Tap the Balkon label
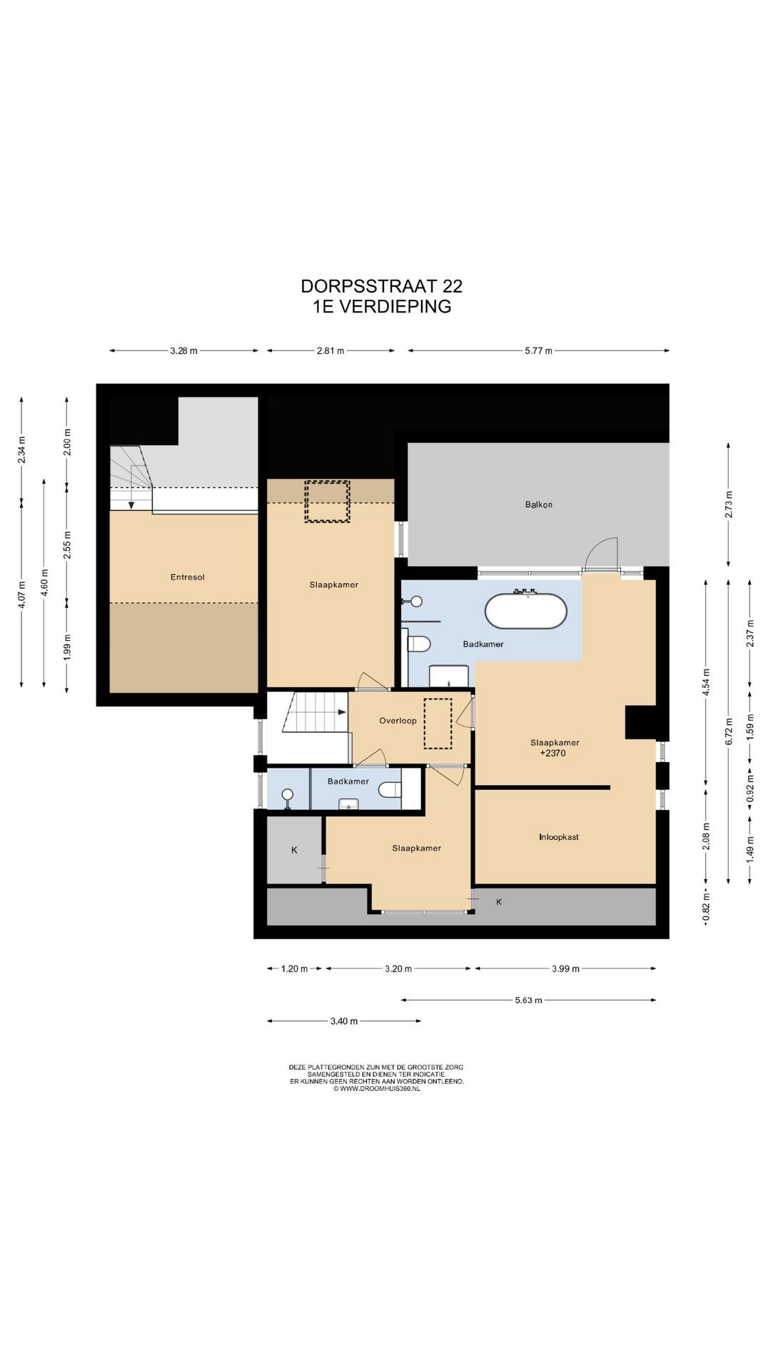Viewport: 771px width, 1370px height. (x=538, y=504)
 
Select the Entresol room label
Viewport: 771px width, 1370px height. (x=187, y=577)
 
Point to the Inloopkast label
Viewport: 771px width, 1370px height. (x=558, y=837)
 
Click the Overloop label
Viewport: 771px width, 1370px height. (x=398, y=721)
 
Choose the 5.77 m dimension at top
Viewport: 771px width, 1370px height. (x=538, y=351)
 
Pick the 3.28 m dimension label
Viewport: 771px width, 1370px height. (x=183, y=351)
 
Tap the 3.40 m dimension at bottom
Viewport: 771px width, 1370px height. (x=343, y=1021)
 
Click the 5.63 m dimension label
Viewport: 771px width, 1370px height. (x=528, y=1000)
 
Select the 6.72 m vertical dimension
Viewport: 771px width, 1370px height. (x=729, y=731)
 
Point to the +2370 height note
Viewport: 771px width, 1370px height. (x=553, y=753)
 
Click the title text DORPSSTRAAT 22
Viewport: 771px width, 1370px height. (x=381, y=286)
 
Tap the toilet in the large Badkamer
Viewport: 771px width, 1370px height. (x=419, y=644)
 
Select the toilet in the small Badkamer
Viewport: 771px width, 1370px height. (x=390, y=790)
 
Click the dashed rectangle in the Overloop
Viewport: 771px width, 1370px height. (x=438, y=724)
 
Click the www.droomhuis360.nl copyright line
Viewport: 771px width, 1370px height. (x=376, y=1089)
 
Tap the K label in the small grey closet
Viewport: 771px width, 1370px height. (x=294, y=850)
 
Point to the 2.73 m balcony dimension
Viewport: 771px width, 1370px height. (x=729, y=504)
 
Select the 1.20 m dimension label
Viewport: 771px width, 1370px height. (x=294, y=969)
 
